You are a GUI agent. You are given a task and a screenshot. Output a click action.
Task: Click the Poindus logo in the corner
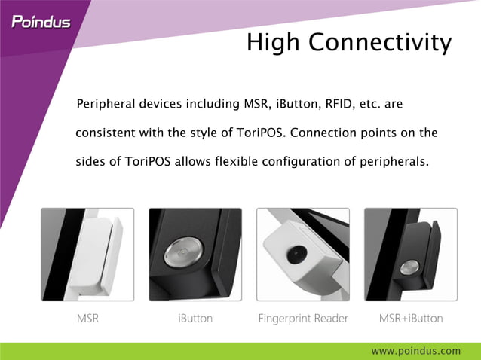pos(41,21)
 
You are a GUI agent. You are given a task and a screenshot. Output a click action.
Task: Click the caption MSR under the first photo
pos(87,319)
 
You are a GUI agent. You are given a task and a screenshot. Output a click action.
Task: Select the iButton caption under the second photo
pos(195,319)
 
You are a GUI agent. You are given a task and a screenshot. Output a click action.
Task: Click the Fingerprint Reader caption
pos(303,319)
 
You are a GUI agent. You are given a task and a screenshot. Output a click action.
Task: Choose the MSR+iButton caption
pos(411,319)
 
